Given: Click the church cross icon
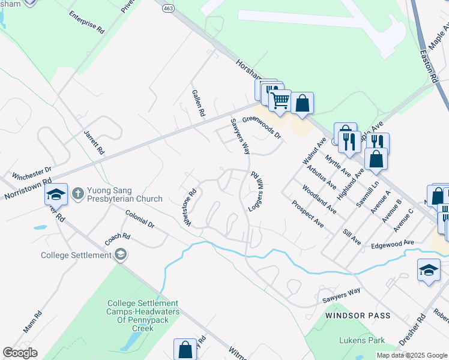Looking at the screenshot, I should click(77, 194).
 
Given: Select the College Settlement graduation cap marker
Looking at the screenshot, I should click(121, 254).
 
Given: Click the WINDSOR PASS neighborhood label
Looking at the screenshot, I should click(358, 315).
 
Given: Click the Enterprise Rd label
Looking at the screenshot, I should click(86, 22).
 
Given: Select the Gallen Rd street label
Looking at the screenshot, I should click(199, 103).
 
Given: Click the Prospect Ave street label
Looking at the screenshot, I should click(307, 214).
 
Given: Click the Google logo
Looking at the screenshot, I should click(20, 353).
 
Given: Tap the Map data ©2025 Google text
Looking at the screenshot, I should click(411, 355).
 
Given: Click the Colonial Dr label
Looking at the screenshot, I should click(140, 220).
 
